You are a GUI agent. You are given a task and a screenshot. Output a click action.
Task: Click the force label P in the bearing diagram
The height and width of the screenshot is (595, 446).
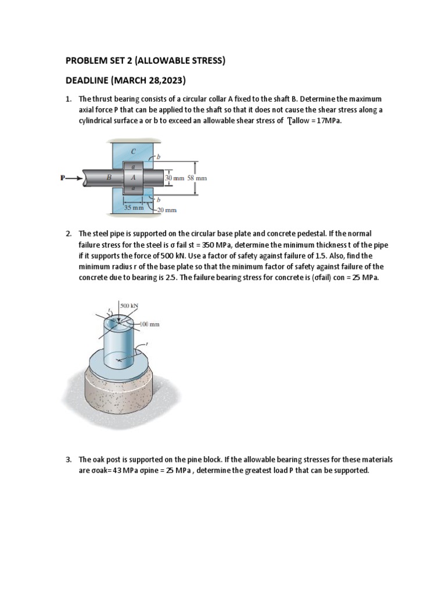pyautogui.click(x=63, y=178)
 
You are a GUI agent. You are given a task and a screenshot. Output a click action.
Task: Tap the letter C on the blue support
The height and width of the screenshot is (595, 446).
pyautogui.click(x=134, y=150)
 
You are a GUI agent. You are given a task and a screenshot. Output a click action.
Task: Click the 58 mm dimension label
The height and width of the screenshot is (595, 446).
pyautogui.click(x=196, y=178)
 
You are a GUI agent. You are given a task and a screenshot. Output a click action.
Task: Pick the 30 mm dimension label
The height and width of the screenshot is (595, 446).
pyautogui.click(x=174, y=178)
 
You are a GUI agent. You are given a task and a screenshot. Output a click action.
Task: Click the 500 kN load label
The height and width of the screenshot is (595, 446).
pyautogui.click(x=129, y=305)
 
